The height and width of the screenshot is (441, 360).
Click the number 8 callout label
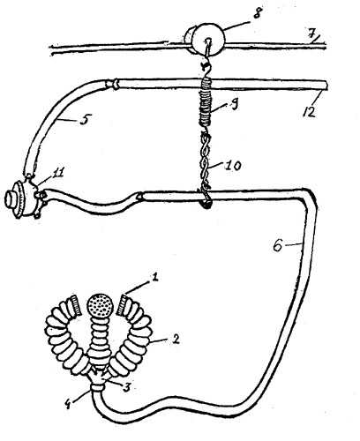pyautogui.click(x=257, y=13)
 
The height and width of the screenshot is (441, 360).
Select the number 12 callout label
pyautogui.click(x=309, y=111)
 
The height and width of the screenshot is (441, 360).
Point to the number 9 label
pyautogui.click(x=234, y=105)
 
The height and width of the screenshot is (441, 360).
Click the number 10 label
pyautogui.click(x=233, y=166)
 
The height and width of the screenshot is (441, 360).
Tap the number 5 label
pyautogui.click(x=85, y=120)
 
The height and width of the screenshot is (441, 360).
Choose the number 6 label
pyautogui.click(x=277, y=245)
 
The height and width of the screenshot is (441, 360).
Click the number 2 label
pyautogui.click(x=176, y=340)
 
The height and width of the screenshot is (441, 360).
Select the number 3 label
pyautogui.click(x=126, y=387)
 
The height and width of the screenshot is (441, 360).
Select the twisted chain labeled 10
pyautogui.click(x=206, y=161)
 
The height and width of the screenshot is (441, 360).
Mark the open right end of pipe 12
pyautogui.click(x=326, y=86)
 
